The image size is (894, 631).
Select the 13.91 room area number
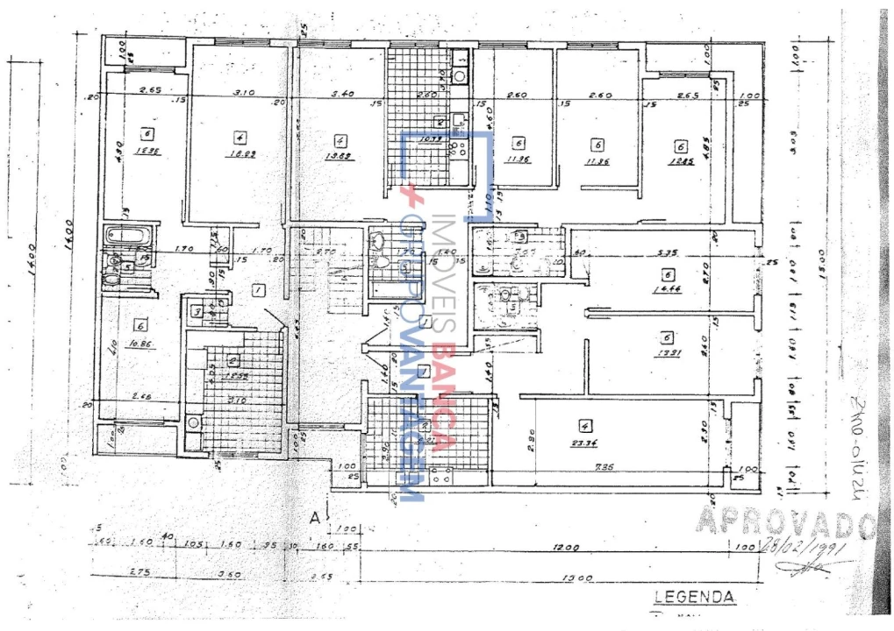[x=668, y=353]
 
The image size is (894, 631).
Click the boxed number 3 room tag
[x=198, y=312]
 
